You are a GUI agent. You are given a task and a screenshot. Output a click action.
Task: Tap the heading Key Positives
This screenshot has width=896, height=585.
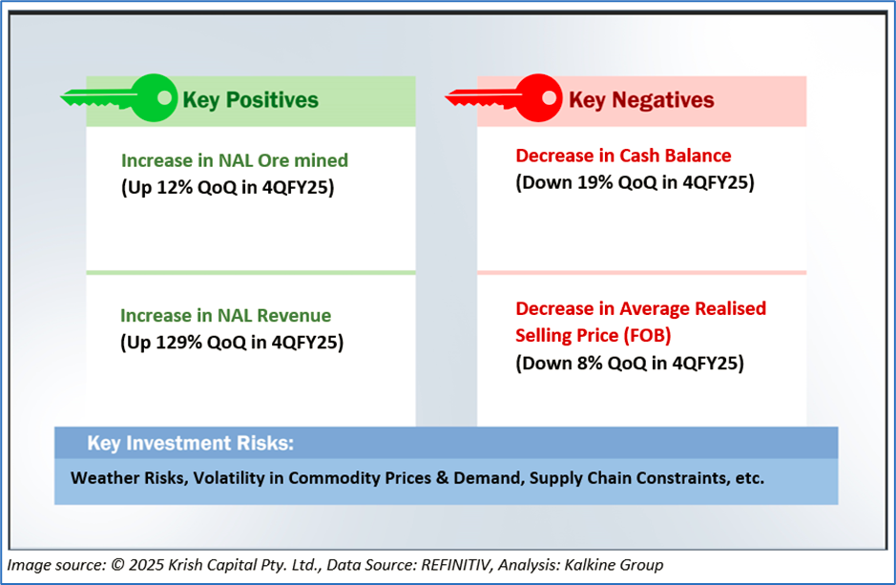pyautogui.click(x=250, y=100)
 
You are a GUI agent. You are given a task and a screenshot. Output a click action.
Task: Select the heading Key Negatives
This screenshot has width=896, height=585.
pyautogui.click(x=641, y=100)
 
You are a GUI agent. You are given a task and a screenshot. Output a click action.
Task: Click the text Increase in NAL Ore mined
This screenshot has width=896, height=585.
pyautogui.click(x=235, y=160)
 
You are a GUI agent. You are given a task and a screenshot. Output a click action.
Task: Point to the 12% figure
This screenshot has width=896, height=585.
pyautogui.click(x=175, y=187)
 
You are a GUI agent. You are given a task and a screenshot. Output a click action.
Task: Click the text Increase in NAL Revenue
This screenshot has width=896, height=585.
pyautogui.click(x=226, y=315)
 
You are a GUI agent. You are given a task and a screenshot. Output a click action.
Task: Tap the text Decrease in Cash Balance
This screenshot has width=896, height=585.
pyautogui.click(x=623, y=156)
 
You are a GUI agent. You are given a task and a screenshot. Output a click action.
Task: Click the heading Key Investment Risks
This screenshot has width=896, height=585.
pyautogui.click(x=190, y=444)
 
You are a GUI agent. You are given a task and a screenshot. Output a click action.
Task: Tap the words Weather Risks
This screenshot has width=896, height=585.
pyautogui.click(x=130, y=477)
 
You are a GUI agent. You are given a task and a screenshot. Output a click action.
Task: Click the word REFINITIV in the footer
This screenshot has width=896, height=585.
pyautogui.click(x=456, y=565)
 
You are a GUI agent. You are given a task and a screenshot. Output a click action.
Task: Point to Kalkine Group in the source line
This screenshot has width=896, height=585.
pyautogui.click(x=614, y=565)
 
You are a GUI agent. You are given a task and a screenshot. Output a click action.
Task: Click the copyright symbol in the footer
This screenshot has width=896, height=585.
pyautogui.click(x=117, y=565)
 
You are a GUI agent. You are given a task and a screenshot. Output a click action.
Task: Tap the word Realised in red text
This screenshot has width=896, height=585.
pyautogui.click(x=730, y=308)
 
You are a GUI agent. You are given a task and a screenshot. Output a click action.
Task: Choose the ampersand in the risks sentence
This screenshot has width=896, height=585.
pyautogui.click(x=443, y=477)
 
